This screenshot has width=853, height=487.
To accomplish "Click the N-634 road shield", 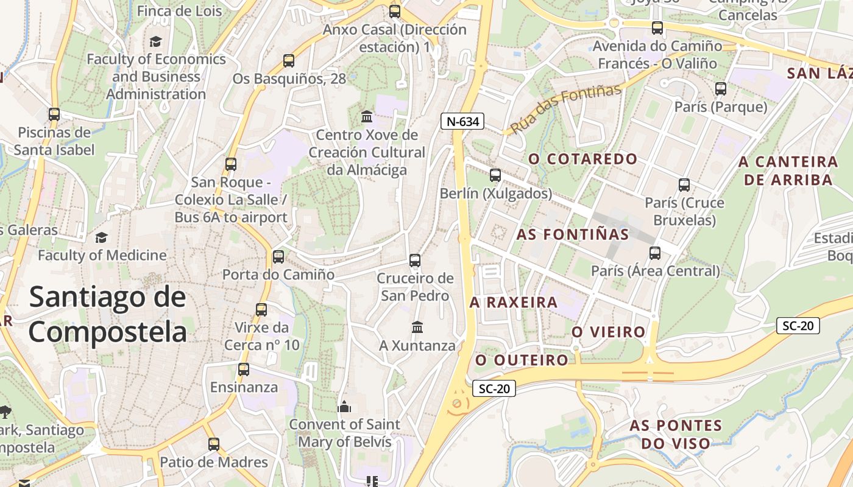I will (462, 121).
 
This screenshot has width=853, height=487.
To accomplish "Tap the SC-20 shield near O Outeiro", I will (494, 388).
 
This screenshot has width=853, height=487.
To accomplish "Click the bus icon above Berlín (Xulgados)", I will (495, 175).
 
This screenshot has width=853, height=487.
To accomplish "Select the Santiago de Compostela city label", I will (107, 315).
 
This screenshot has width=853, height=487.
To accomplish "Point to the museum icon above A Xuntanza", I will (417, 328).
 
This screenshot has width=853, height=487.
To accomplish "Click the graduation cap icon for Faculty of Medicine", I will (101, 237).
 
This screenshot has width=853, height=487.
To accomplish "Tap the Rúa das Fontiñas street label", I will (565, 110).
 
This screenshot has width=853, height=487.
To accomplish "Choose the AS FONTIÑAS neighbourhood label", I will (573, 234).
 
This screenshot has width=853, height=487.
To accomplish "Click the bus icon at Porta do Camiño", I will (278, 257).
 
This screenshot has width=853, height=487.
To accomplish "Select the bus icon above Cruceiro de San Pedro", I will (415, 261).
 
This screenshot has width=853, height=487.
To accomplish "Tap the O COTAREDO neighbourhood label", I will (583, 159).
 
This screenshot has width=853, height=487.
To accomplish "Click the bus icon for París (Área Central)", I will (655, 253).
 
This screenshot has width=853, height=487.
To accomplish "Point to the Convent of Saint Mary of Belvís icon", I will (345, 407).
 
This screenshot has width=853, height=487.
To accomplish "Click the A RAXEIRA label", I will (514, 303).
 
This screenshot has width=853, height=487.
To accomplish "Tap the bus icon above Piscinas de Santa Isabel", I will (54, 114).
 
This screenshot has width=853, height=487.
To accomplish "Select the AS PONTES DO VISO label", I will (676, 434).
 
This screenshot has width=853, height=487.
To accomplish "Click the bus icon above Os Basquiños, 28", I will (289, 61).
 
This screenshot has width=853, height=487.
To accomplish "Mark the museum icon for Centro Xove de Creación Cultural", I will (367, 116).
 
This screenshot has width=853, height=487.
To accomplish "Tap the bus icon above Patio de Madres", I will (214, 444).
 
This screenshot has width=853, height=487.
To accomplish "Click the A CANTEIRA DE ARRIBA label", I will (788, 170).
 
